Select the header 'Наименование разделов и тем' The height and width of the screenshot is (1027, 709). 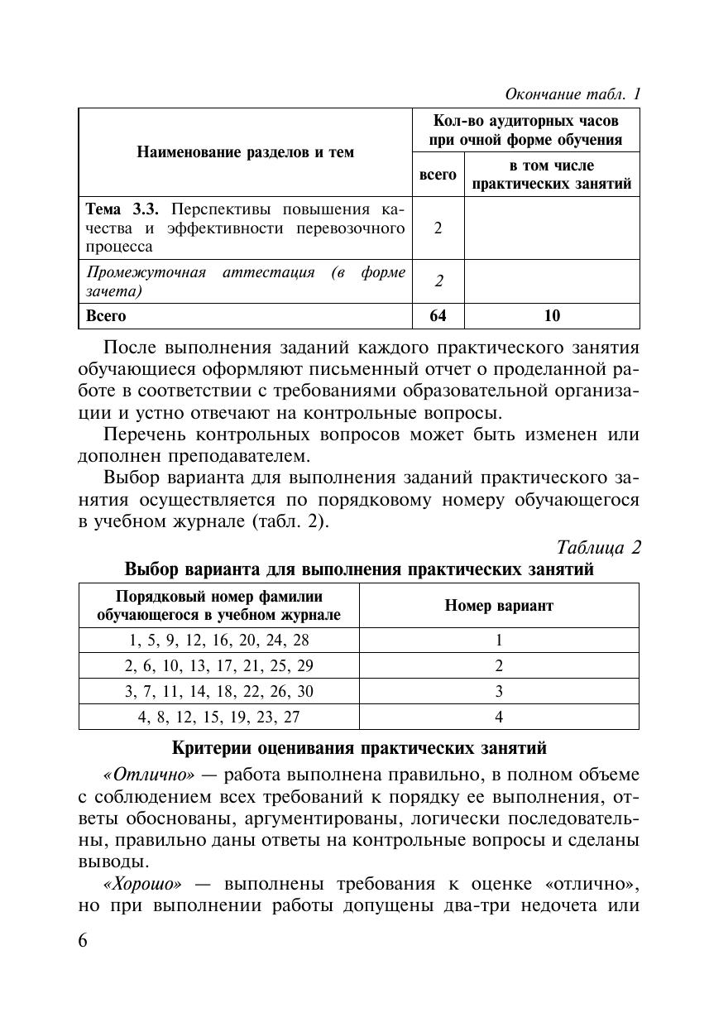coord(245,152)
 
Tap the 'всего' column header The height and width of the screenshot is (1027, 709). coord(438,174)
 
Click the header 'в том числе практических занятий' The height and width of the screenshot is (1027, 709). coord(551,174)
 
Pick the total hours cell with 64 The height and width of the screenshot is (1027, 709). coord(438,315)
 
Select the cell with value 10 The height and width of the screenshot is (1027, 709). coord(552,315)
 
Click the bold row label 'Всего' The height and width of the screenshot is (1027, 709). coord(106,315)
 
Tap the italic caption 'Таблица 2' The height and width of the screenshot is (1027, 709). coord(599,548)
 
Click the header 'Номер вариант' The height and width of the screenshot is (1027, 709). coord(499,605)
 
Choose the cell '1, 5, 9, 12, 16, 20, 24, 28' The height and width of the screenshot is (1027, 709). coord(218,640)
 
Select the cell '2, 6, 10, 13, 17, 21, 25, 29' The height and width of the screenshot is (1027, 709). coord(218,665)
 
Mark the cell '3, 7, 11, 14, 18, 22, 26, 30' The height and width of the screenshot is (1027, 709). coord(218,691)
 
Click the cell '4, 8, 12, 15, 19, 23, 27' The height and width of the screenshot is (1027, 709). coord(218,717)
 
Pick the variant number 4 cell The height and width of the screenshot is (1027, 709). coord(499,717)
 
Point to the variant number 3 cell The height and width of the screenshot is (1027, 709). coord(499,691)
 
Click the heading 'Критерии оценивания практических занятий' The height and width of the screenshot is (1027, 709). coord(359,748)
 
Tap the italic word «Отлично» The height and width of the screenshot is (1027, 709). coord(149,775)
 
